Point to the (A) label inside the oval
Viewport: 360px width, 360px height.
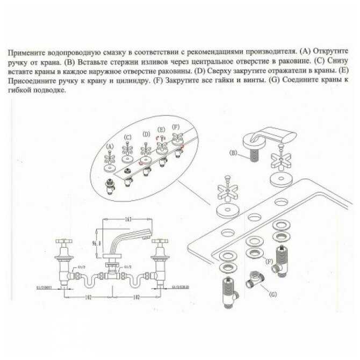[111, 146]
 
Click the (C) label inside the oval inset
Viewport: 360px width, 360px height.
[128, 138]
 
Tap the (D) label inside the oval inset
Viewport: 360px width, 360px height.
[146, 134]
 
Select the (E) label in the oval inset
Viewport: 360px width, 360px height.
[161, 130]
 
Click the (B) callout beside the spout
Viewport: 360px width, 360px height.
[233, 153]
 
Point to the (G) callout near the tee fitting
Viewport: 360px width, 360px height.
[273, 294]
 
